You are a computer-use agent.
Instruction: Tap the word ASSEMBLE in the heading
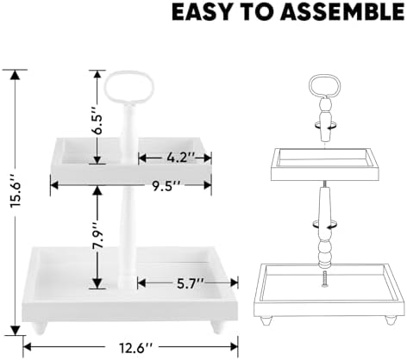[x=342, y=12]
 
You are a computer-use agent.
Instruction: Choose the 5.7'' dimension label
[x=188, y=283]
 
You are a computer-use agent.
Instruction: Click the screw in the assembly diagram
[x=325, y=279]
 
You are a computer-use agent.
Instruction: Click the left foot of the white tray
[x=39, y=328]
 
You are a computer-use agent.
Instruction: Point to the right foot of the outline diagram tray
[x=390, y=320]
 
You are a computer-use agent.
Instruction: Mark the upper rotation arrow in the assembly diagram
[x=325, y=126]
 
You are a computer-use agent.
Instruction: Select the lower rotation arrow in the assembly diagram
[x=325, y=225]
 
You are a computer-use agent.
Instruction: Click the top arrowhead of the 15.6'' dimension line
[x=16, y=75]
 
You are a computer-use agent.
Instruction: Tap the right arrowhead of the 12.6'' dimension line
[x=234, y=347]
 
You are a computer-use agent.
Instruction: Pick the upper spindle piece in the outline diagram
[x=325, y=120]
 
